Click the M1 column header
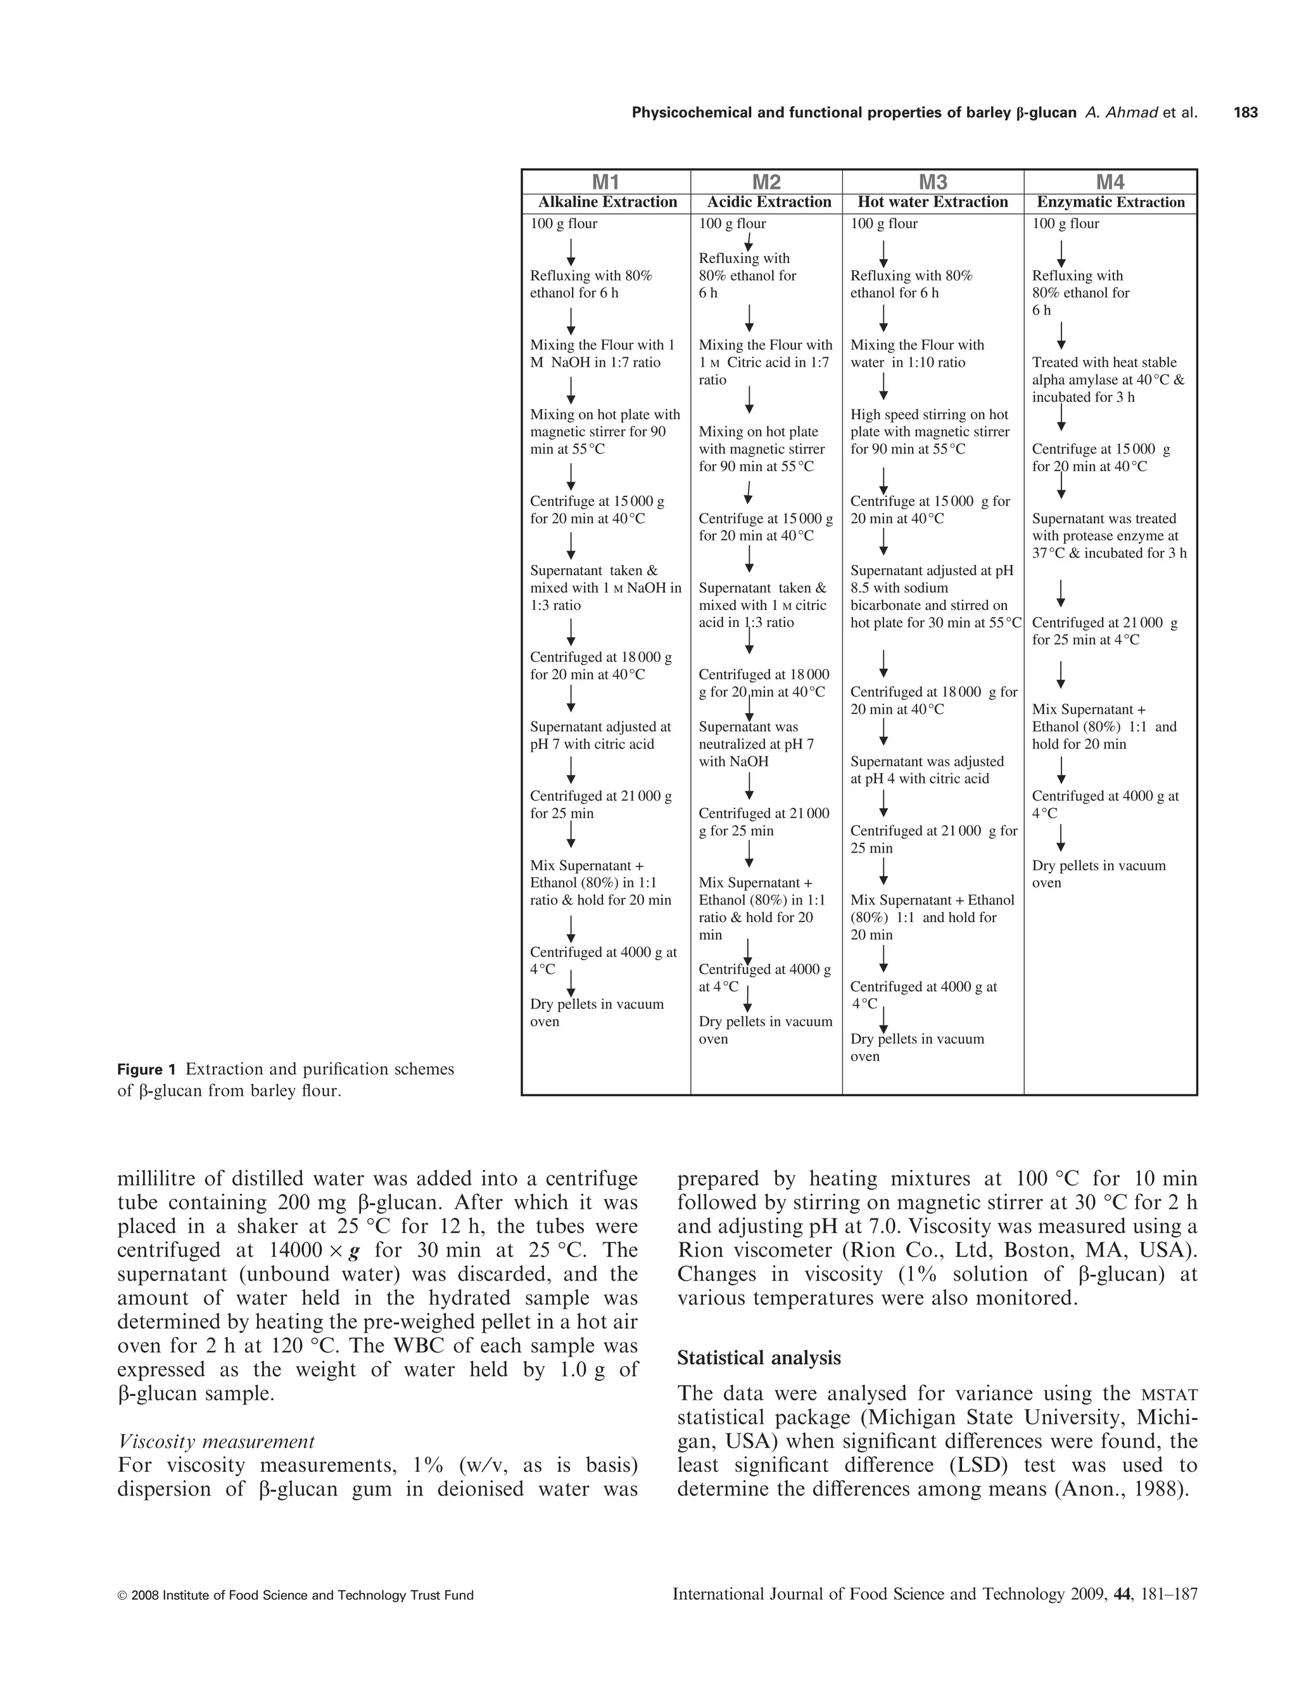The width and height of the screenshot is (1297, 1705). pos(605,182)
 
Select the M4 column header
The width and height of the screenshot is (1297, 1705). pos(1110,182)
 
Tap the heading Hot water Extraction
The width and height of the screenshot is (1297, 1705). pos(933,202)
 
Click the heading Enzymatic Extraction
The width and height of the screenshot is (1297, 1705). pos(1110,202)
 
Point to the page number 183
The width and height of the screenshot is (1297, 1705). pos(1245,113)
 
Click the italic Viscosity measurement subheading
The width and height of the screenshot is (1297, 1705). pos(216,1441)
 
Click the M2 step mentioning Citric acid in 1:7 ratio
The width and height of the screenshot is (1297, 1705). pos(764,362)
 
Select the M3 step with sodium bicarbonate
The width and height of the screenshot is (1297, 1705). pos(934,597)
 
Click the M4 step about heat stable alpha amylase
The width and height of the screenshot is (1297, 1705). pos(1108,379)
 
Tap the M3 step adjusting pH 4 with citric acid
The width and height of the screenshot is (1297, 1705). pos(927,770)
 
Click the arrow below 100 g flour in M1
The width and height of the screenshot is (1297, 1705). pos(571,251)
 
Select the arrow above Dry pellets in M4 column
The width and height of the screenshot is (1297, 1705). pos(1061,838)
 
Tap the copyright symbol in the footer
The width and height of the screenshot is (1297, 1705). pos(122,1595)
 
